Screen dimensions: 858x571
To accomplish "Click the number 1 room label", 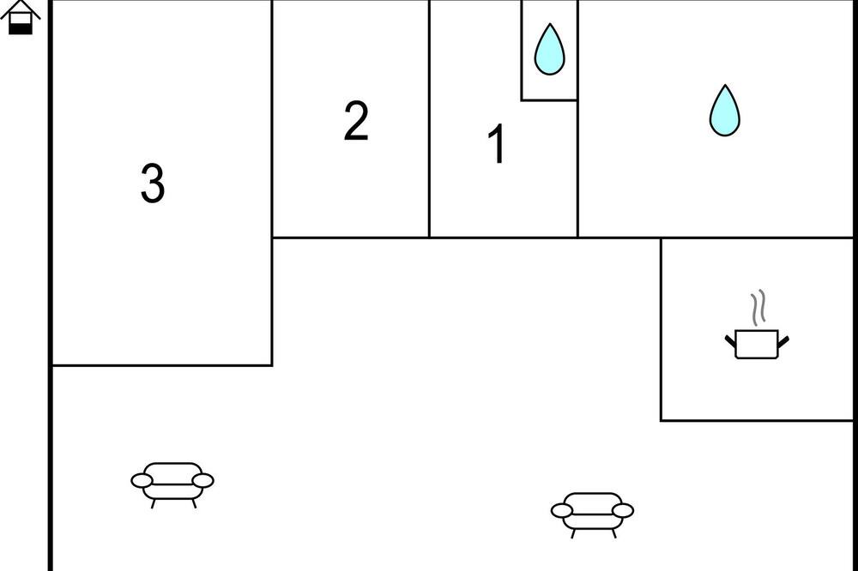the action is (x=496, y=143).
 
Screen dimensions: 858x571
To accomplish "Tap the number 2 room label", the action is (x=356, y=120).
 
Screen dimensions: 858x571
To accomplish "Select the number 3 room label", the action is (x=153, y=183).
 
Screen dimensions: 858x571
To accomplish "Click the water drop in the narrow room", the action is (x=549, y=49).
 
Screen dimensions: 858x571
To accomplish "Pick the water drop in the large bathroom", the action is (x=725, y=111).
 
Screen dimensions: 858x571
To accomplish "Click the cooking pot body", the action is (x=757, y=344).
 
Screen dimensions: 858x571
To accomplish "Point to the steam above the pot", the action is (x=758, y=308).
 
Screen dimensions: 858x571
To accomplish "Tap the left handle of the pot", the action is (x=730, y=341).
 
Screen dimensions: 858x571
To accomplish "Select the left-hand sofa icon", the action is (x=172, y=484).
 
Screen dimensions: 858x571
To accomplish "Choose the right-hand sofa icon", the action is (x=593, y=514).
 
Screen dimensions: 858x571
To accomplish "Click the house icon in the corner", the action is (x=21, y=17).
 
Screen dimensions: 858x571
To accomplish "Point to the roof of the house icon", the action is (x=21, y=9).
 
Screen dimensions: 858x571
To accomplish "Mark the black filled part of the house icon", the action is (x=21, y=28).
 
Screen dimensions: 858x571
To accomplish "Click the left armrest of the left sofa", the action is (x=142, y=480).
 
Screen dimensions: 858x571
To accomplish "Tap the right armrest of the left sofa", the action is (x=203, y=480).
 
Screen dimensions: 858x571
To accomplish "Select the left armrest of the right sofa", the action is (x=562, y=510).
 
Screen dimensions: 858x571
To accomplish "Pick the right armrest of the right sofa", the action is (x=623, y=510).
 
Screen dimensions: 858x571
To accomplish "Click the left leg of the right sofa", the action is (x=573, y=533).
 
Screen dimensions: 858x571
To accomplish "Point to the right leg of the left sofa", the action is (x=194, y=503).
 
